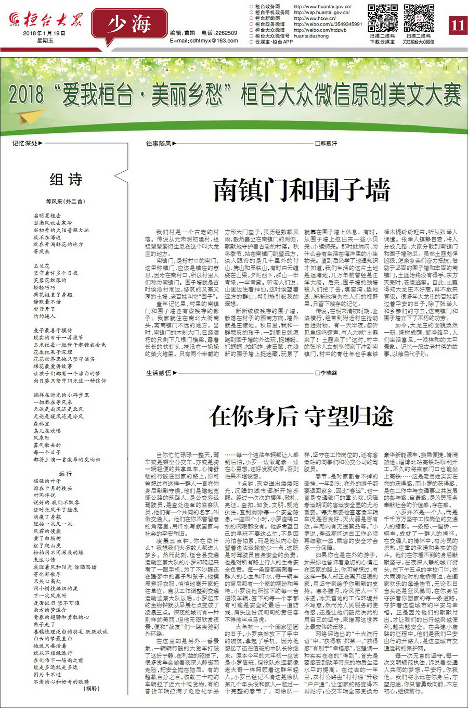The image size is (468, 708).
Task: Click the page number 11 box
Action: tap(457, 24)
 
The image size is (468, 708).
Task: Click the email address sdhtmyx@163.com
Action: tap(204, 41)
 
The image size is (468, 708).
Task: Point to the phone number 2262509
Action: tap(226, 33)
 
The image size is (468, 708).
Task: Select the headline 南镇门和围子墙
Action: tap(302, 190)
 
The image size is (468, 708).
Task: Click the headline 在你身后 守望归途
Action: tap(301, 416)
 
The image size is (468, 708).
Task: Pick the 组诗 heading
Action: tap(66, 180)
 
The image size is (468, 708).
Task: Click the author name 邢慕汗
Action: tap(328, 143)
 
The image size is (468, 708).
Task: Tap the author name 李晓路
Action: tap(328, 373)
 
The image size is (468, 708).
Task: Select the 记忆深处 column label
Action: tap(25, 143)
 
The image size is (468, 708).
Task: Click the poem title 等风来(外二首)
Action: tap(66, 201)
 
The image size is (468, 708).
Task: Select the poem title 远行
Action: tap(66, 473)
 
